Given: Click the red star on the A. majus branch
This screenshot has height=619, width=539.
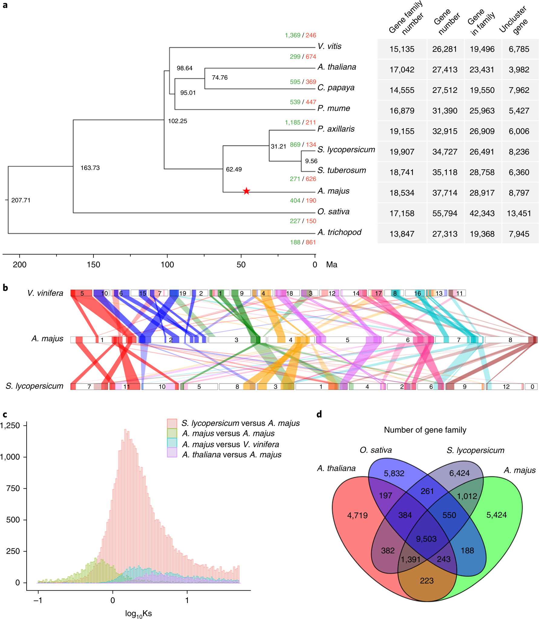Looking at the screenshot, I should point(247,191).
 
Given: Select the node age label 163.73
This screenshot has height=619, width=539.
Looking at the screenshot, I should point(90,168).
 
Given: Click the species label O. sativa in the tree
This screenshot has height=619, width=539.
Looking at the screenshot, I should point(333,211).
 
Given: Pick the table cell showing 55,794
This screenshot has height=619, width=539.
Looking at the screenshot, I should point(445,213).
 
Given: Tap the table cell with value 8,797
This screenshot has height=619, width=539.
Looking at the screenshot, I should point(519,193).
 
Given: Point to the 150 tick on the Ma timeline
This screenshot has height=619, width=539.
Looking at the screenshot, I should point(93,264).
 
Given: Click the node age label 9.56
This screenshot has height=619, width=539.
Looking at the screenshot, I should point(311,161).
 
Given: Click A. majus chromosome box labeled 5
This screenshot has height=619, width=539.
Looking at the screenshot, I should point(347,340).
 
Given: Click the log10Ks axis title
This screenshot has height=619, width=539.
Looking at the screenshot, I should point(138,614).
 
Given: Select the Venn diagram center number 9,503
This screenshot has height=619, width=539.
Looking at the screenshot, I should point(426,539).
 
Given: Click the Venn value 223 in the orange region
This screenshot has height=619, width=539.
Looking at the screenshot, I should point(426,581).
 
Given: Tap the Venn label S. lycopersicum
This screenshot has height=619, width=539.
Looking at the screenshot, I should point(475,450).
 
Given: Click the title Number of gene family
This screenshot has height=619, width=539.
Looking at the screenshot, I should point(425,430).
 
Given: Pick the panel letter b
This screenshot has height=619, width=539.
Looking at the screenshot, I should point(5,288).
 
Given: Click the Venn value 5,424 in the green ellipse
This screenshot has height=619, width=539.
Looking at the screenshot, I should point(496,515).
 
